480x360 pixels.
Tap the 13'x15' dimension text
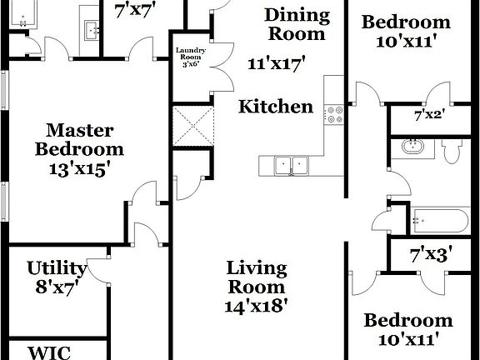click(81, 167)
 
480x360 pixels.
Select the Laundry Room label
click(190, 57)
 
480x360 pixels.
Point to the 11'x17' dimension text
click(277, 62)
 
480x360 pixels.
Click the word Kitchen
click(277, 106)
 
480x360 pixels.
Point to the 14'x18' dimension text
click(257, 305)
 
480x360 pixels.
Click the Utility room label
click(57, 268)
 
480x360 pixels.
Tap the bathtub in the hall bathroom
click(440, 221)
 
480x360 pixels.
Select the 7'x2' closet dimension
click(430, 114)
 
